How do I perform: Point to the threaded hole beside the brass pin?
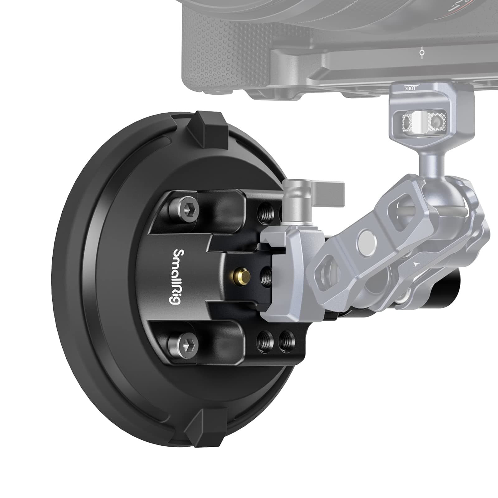(265, 276)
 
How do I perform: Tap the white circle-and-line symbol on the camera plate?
(422, 53)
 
